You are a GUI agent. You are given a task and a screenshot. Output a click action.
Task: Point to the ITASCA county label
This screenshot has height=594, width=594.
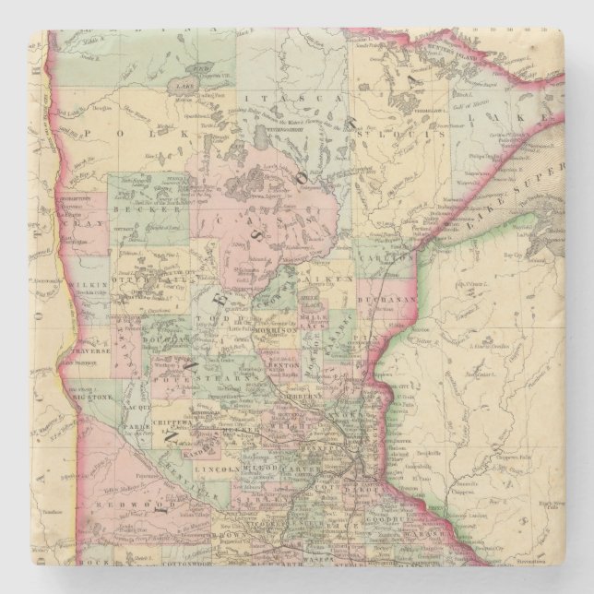278,96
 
